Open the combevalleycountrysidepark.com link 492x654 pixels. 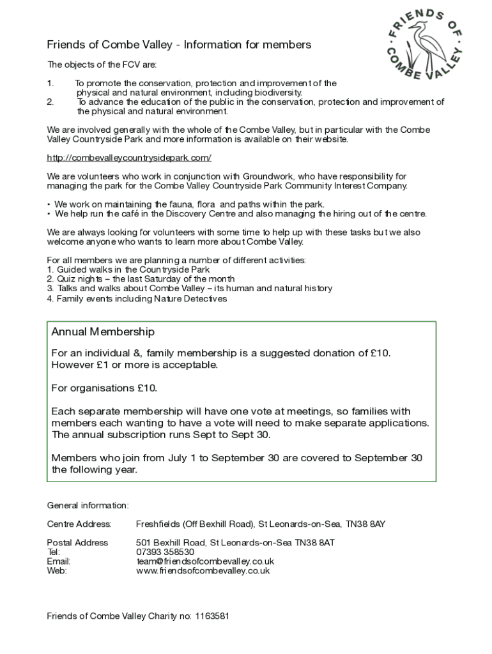point(129,158)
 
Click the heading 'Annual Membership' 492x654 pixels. point(103,332)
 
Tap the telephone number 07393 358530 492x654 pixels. point(165,552)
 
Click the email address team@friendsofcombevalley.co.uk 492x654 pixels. point(205,561)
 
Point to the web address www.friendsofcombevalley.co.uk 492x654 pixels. point(203,571)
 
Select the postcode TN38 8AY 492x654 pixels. point(365,524)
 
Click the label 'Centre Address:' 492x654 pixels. point(79,524)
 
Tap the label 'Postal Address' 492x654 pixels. point(78,543)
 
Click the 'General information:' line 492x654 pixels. point(88,506)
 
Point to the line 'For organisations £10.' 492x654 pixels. point(104,388)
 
